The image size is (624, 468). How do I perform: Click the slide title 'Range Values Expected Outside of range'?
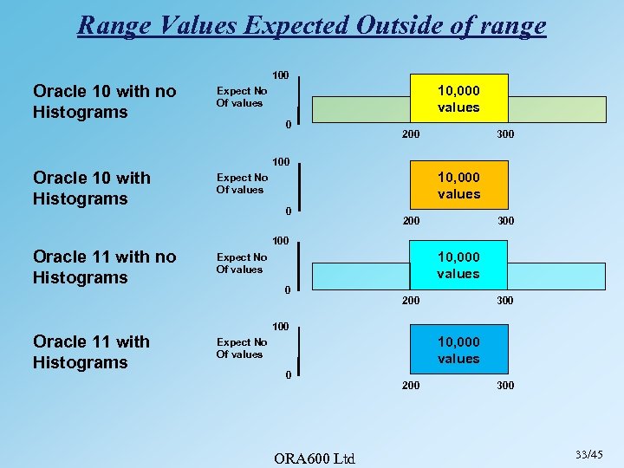pyautogui.click(x=312, y=24)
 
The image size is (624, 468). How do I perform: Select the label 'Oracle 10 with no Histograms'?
pyautogui.click(x=104, y=101)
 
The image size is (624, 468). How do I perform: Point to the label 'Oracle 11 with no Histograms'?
pyautogui.click(x=104, y=267)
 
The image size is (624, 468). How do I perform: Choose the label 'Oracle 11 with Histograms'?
pyautogui.click(x=91, y=352)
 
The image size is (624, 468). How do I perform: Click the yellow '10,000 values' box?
pyautogui.click(x=458, y=98)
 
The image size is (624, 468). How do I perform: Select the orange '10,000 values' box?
pyautogui.click(x=458, y=185)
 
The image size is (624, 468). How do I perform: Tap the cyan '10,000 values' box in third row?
pyautogui.click(x=458, y=264)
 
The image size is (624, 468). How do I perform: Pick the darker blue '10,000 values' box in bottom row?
pyautogui.click(x=458, y=349)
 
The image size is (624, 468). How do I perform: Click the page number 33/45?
pyautogui.click(x=588, y=454)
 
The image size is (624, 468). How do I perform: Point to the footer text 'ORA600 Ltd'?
pyautogui.click(x=314, y=458)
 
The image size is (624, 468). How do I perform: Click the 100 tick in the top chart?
pyautogui.click(x=281, y=75)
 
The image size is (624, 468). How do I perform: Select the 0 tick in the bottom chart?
pyautogui.click(x=288, y=375)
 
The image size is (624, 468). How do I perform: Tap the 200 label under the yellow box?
pyautogui.click(x=411, y=134)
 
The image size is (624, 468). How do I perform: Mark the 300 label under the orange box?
pyautogui.click(x=505, y=221)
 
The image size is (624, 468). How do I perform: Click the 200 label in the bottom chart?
pyautogui.click(x=411, y=385)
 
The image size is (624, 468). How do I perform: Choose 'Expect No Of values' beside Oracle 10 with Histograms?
pyautogui.click(x=241, y=184)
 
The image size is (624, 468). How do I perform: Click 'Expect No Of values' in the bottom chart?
pyautogui.click(x=241, y=348)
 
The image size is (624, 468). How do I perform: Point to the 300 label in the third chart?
pyautogui.click(x=505, y=301)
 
